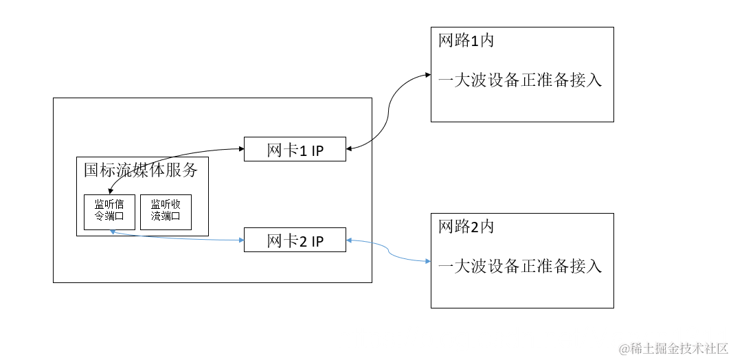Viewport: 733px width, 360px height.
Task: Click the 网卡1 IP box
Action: [295, 150]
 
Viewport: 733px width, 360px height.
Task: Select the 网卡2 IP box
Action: [295, 240]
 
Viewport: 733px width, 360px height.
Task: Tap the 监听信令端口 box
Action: [109, 212]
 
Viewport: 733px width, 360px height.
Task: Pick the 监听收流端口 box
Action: [166, 212]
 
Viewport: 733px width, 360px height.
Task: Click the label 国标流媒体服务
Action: [141, 170]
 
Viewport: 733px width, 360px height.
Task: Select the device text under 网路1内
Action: [520, 80]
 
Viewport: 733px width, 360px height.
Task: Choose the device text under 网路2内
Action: [520, 266]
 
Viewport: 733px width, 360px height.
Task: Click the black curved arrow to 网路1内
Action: [390, 110]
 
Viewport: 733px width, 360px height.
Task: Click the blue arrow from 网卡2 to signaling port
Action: [179, 238]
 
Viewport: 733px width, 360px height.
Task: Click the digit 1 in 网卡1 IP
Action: [302, 150]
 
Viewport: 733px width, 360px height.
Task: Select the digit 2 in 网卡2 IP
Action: [302, 241]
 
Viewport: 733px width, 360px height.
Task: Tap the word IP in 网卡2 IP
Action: [317, 241]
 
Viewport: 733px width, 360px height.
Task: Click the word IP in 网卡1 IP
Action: [317, 150]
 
